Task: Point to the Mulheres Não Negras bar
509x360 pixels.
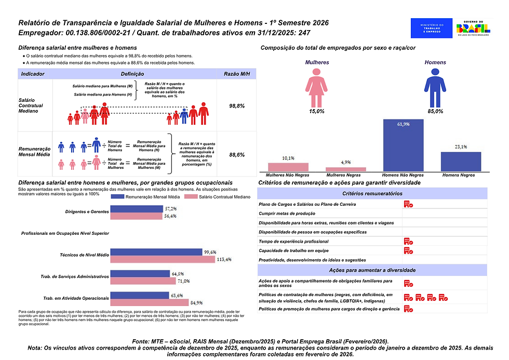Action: click(x=288, y=167)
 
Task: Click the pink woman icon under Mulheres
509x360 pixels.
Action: click(x=316, y=87)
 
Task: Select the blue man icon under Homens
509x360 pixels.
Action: click(x=435, y=87)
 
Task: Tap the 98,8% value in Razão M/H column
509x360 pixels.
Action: click(x=237, y=105)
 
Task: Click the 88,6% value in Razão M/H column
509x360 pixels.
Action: click(x=237, y=155)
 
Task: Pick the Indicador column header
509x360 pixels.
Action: click(x=33, y=74)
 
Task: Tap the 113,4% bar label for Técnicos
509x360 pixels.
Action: click(x=225, y=259)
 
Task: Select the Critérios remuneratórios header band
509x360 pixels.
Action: click(x=372, y=193)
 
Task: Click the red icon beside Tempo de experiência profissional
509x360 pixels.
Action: click(x=408, y=242)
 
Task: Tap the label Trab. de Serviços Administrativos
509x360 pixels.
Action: click(x=74, y=277)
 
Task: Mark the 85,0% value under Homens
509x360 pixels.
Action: click(x=435, y=111)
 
